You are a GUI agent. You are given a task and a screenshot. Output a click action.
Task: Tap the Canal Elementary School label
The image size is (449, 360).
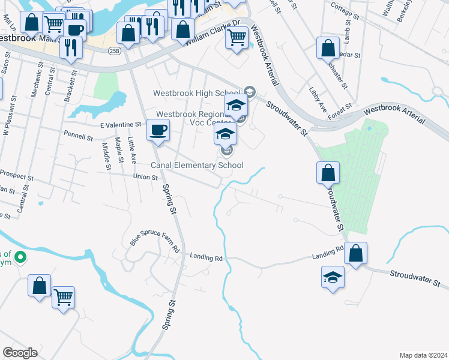pyautogui.click(x=196, y=165)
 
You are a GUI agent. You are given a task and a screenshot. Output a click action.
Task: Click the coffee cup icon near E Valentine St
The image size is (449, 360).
pyautogui.click(x=158, y=130)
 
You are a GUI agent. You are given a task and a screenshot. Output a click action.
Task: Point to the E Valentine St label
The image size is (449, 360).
pyautogui.click(x=120, y=124)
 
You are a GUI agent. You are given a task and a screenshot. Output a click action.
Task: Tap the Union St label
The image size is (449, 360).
pyautogui.click(x=145, y=177)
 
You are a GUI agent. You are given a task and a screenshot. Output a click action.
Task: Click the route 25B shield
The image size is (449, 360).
pyautogui.click(x=115, y=51)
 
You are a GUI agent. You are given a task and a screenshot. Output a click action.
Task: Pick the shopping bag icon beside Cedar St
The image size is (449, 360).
pyautogui.click(x=328, y=49)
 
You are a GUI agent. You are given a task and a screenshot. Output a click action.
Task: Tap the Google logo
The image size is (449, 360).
pyautogui.click(x=20, y=353)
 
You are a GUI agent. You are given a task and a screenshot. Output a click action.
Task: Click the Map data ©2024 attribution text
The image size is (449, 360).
pyautogui.click(x=423, y=355)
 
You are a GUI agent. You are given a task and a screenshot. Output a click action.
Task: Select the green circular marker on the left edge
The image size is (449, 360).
pyautogui.click(x=20, y=257)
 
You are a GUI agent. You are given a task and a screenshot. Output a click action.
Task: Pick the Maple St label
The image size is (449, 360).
pyautogui.click(x=119, y=153)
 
